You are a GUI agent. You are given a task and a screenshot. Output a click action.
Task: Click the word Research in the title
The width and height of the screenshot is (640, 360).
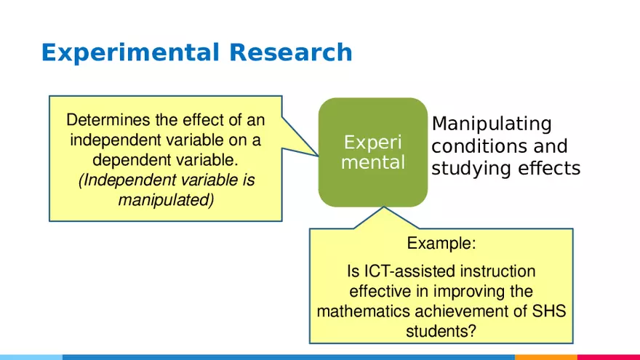(291, 53)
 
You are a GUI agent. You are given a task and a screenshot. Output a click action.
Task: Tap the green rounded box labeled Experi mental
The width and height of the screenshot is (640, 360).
(373, 152)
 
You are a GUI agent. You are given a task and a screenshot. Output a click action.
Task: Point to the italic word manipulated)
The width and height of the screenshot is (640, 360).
(166, 199)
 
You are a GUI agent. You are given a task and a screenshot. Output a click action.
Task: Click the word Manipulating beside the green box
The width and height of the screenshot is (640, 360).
(492, 124)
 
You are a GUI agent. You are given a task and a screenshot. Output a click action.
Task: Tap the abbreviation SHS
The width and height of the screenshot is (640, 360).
(549, 311)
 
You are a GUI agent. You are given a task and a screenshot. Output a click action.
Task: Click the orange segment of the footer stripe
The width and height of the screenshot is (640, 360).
(545, 357)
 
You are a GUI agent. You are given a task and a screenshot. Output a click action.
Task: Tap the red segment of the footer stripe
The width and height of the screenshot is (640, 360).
(608, 357)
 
